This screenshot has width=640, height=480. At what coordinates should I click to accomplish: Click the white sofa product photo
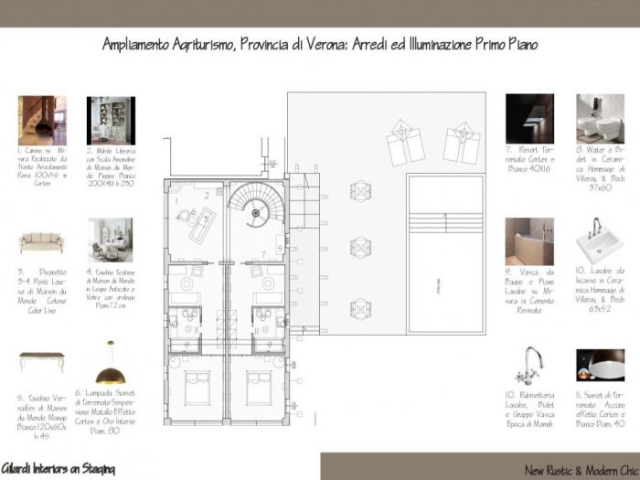click(x=41, y=244)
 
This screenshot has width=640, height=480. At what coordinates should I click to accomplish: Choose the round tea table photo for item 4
click(x=110, y=240)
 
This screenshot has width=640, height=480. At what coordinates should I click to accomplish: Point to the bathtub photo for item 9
click(x=529, y=240)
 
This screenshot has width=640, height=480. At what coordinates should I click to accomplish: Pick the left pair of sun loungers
click(x=405, y=143)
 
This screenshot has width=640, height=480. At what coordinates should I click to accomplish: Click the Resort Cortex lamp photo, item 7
click(x=529, y=119)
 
